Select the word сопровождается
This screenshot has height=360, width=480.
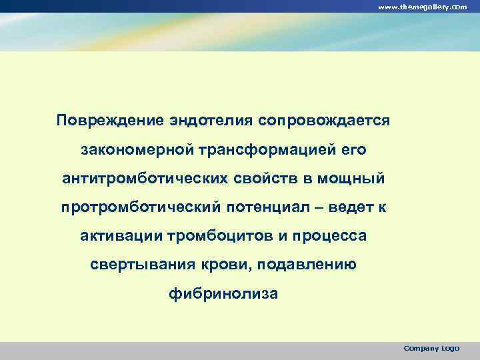point(323,122)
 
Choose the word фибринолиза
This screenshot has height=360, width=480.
point(223,294)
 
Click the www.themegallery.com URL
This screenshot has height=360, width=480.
point(423,6)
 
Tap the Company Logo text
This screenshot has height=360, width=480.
point(431,348)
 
